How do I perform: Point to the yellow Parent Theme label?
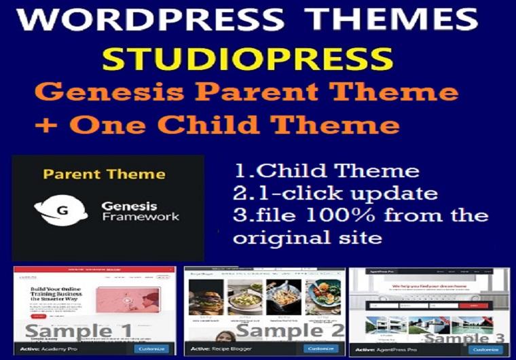point(104,174)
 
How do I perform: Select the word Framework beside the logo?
point(141,217)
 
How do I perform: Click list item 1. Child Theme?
point(325,170)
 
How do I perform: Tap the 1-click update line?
point(335,193)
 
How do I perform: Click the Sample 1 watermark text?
point(79,332)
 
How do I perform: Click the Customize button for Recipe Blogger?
point(319,349)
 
